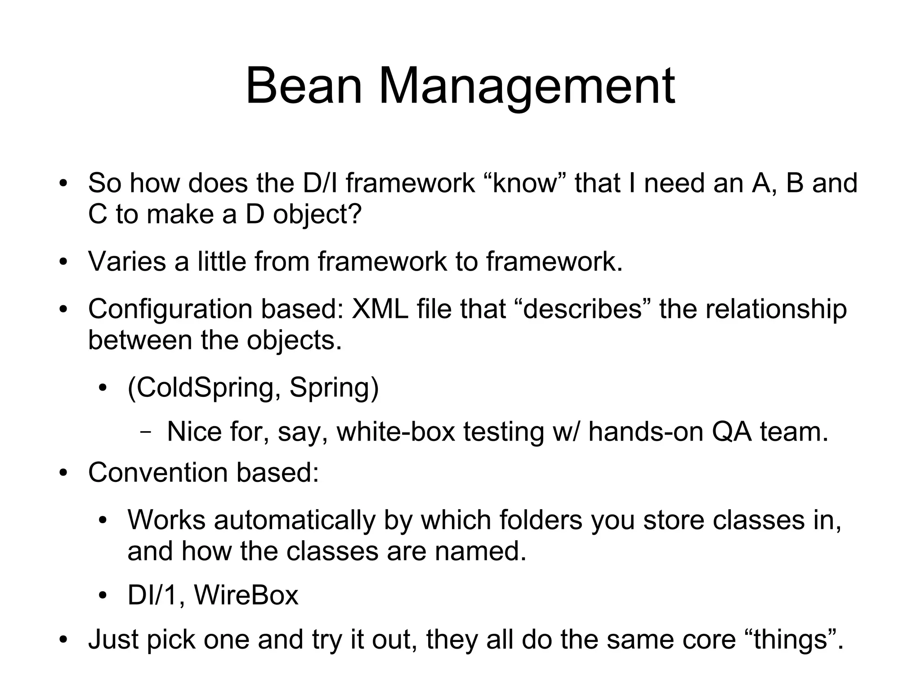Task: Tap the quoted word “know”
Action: click(x=525, y=183)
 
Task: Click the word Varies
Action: click(x=127, y=261)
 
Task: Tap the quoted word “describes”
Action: click(x=582, y=309)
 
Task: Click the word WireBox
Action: click(x=246, y=595)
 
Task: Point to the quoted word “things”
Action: click(x=794, y=639)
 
